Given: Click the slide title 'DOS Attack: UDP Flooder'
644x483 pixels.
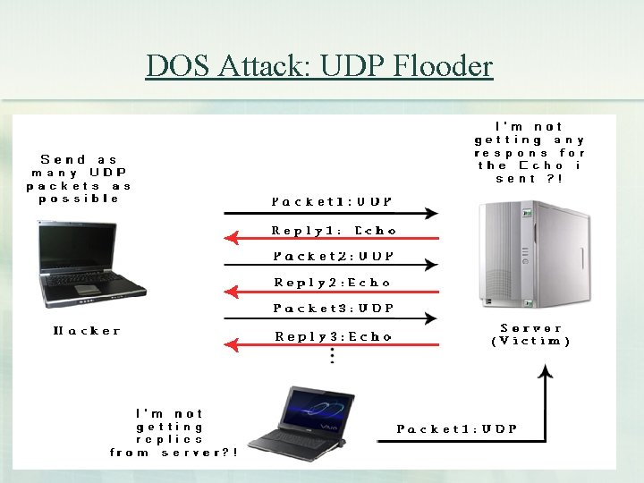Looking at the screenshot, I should pos(319,66).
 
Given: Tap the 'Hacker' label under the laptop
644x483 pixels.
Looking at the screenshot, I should pos(87,331).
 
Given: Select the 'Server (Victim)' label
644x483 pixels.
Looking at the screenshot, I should pos(531,335).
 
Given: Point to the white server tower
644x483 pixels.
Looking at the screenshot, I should pos(533,253).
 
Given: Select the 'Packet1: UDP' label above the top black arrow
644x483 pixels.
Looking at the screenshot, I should pos(331,202).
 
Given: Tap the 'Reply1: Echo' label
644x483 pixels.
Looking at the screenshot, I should pos(334,230).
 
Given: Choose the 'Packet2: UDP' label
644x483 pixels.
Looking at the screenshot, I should pos(333,256).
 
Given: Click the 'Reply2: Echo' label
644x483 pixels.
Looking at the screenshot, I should pos(333,283).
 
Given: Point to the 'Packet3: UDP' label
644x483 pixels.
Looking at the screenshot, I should pos(333,309).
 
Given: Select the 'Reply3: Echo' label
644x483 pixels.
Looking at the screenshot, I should pos(334,337).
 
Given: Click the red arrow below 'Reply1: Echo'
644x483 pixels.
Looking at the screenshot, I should pos(331,239).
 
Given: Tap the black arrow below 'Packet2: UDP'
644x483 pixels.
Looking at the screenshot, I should pos(331,265).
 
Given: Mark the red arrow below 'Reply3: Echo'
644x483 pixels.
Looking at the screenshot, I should pos(331,345).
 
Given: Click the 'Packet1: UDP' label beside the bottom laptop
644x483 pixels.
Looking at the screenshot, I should pos(457,429).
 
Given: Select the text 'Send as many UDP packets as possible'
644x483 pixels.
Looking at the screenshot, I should pos(79,179).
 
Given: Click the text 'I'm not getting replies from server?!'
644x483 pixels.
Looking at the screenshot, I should pos(174,434).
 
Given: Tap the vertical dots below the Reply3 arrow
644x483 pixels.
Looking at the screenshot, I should pos(333,356).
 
